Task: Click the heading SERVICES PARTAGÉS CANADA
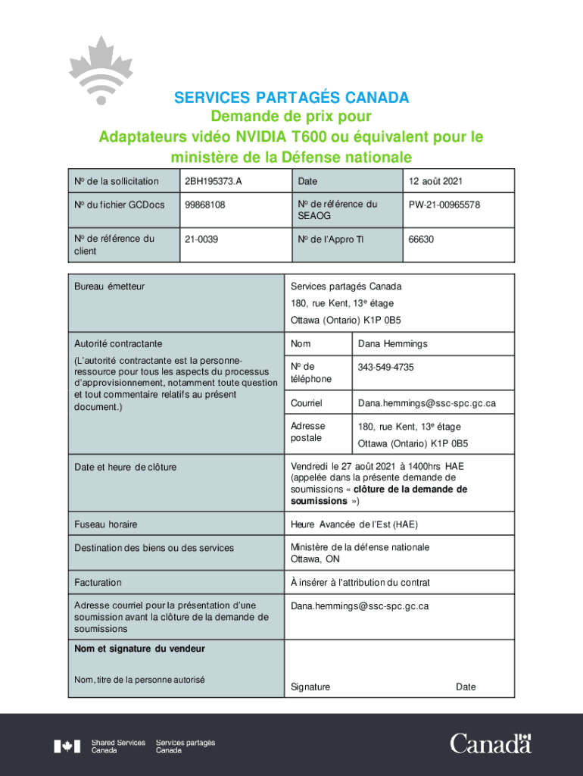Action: coord(291,98)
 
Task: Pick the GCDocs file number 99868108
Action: coord(205,205)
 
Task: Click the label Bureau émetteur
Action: coord(109,286)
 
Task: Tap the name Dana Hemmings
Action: coord(393,344)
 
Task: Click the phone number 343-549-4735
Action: coord(386,368)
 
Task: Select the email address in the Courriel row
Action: coord(427,403)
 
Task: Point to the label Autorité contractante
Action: coord(118,344)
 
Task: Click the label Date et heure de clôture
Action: coord(125,467)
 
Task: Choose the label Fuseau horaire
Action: coord(106,524)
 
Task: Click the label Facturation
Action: coord(98,583)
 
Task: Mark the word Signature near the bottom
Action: coord(310,687)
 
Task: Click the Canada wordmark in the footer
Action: coord(491,744)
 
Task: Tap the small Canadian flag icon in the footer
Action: coord(67,746)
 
